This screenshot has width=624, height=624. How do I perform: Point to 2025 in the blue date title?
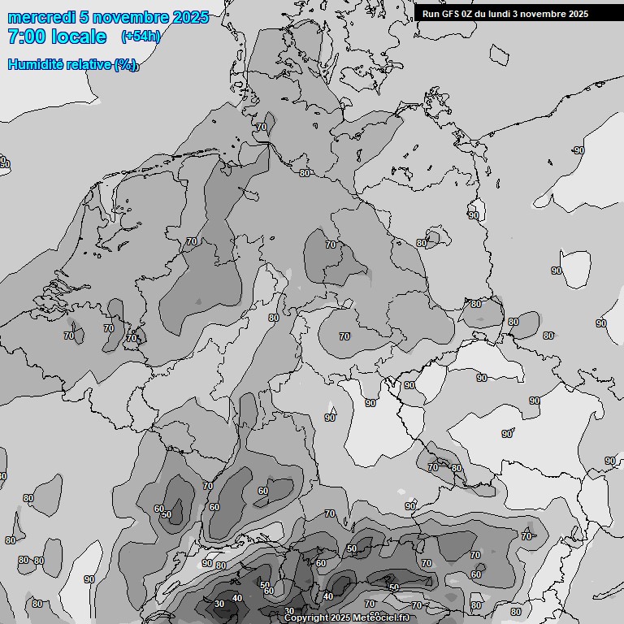(x=189, y=17)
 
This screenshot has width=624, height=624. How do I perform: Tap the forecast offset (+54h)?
(x=141, y=37)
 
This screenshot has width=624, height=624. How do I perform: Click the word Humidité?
(x=34, y=64)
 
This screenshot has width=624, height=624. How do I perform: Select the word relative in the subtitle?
(x=88, y=64)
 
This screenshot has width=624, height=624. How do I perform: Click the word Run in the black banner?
(x=431, y=14)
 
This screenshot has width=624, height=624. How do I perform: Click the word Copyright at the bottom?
(x=307, y=618)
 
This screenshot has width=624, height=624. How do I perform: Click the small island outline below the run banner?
(x=499, y=54)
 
